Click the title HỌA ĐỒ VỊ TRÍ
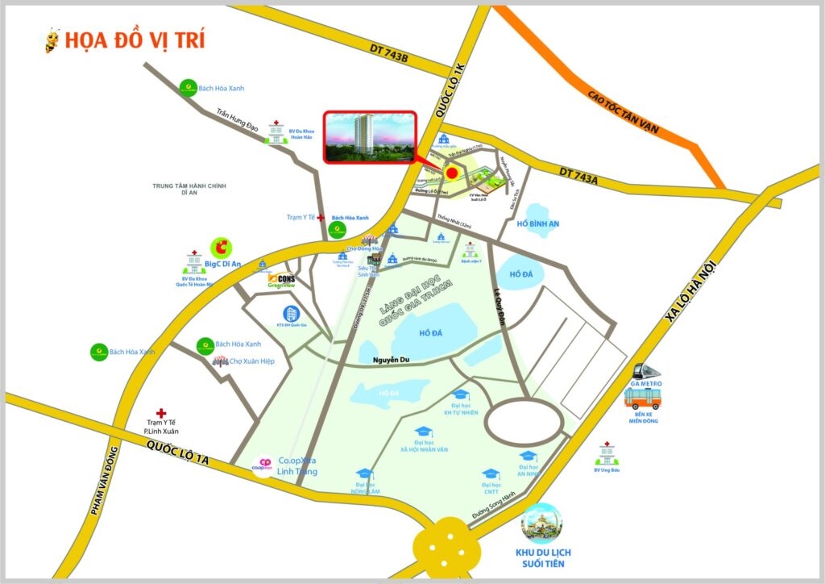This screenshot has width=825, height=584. [135, 40]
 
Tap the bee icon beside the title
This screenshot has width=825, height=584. [53, 40]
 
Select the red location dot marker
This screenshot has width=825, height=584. [452, 173]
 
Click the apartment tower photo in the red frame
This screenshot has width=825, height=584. [370, 137]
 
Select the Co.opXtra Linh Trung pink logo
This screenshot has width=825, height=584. [263, 467]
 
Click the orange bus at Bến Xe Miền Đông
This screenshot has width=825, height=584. [642, 398]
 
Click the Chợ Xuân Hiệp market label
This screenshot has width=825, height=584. [252, 361]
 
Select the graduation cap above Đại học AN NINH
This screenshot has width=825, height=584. [528, 457]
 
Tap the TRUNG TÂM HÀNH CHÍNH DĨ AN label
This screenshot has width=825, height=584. [189, 190]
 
